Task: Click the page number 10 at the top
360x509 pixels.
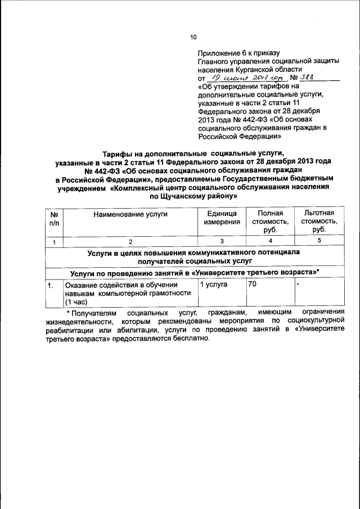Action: (193, 37)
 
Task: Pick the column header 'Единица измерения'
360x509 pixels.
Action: (222, 218)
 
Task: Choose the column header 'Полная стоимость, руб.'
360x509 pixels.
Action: (270, 222)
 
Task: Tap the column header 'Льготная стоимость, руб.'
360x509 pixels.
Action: (319, 222)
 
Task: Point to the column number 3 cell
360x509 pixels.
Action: (222, 241)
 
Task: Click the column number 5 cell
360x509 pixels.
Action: (319, 241)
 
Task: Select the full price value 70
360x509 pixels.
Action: (253, 285)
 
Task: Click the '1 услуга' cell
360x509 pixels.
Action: (214, 285)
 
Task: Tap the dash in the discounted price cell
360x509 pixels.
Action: (298, 285)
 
